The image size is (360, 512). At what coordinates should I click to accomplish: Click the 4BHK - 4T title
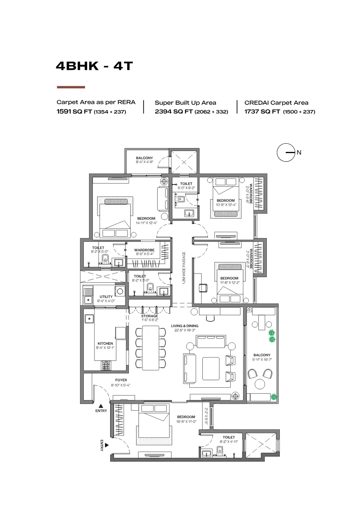coord(94,66)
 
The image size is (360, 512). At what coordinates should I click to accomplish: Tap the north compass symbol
coord(286,153)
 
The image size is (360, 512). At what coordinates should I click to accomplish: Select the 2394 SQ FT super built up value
coord(173,111)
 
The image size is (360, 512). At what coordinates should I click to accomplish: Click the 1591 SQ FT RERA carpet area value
coord(74,111)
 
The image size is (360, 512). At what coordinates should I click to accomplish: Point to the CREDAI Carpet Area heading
coord(276,103)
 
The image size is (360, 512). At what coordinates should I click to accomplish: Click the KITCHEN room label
coord(105,343)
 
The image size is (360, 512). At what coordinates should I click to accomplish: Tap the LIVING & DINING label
coord(185,326)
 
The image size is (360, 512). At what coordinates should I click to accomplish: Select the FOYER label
coord(121,380)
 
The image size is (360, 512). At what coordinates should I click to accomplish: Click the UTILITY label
coord(106,297)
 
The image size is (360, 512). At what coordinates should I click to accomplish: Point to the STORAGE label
coord(149,316)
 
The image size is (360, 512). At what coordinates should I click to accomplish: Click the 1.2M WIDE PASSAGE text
coord(184,268)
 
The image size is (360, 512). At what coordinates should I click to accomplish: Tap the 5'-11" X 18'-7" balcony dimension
coord(262,359)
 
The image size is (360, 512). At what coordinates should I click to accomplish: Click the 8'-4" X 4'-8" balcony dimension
coord(144,162)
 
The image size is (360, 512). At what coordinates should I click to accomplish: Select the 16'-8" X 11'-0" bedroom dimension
coord(186,421)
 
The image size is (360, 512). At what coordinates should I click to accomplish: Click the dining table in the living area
coord(150,347)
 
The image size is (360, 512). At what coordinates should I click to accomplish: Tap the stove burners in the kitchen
coord(106,366)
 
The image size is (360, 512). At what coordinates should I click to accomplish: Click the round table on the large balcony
coord(260,384)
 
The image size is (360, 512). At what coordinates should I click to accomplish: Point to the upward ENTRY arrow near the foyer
coord(101,406)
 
